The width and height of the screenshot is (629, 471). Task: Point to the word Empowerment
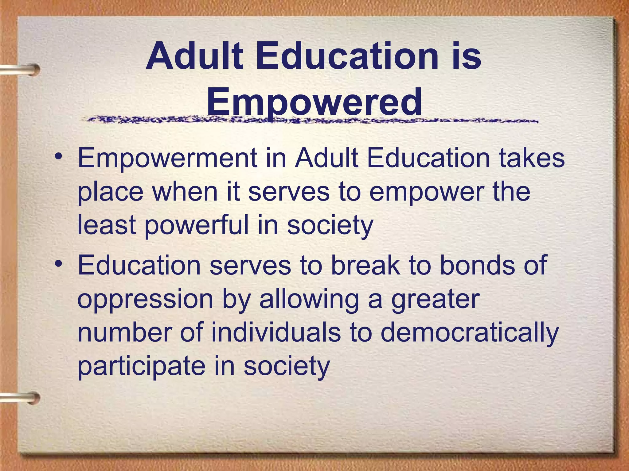[x=167, y=159]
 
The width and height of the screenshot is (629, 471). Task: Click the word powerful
[x=196, y=226]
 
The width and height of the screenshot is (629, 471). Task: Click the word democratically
[x=470, y=334]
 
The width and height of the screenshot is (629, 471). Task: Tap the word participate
[x=141, y=367]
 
